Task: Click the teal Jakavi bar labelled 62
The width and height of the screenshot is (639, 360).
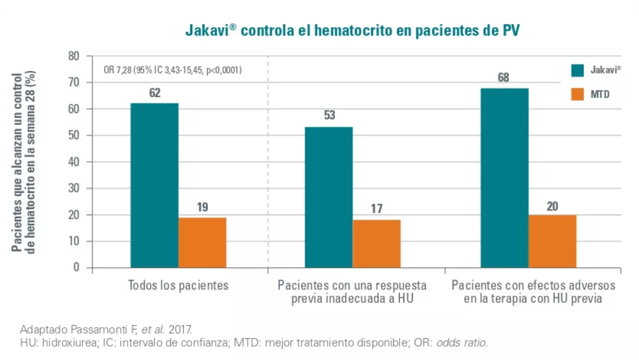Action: tap(154, 185)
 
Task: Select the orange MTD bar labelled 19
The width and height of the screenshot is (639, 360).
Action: tap(202, 242)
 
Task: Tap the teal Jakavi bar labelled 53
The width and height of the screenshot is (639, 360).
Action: tap(329, 197)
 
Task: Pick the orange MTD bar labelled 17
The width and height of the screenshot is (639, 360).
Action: tap(376, 243)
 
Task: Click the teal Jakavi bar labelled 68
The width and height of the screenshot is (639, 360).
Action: tap(504, 178)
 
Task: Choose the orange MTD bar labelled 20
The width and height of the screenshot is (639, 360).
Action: tap(552, 241)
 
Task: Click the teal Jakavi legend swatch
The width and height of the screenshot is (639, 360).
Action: tap(578, 70)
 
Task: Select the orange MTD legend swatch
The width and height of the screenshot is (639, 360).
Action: tap(578, 94)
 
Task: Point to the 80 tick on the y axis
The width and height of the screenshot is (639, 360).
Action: tap(73, 56)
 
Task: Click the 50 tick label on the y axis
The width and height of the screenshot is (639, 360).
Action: tap(73, 136)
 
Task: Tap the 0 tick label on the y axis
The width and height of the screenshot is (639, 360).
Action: tap(76, 268)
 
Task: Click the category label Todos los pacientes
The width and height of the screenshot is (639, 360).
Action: tap(178, 285)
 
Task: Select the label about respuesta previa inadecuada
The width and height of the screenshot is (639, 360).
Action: tap(354, 292)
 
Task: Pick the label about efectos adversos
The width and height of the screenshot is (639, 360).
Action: tap(533, 292)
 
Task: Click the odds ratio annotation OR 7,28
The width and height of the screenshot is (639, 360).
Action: tap(172, 70)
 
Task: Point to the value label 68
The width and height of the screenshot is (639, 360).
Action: tap(504, 78)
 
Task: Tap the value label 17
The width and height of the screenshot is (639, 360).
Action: tap(376, 209)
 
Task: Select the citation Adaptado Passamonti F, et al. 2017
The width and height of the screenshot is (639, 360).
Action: tap(106, 329)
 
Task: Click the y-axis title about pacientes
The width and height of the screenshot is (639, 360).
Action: tap(25, 162)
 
